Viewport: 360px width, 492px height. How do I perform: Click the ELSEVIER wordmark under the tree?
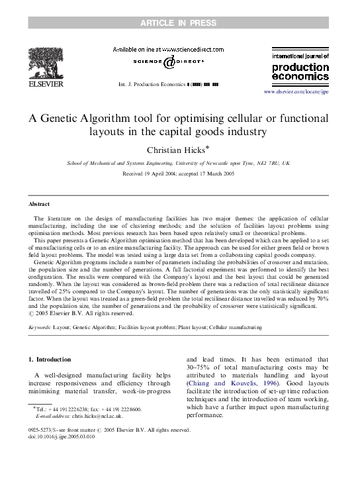click(x=46, y=84)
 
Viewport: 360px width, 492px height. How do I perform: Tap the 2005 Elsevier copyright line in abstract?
click(x=79, y=314)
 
